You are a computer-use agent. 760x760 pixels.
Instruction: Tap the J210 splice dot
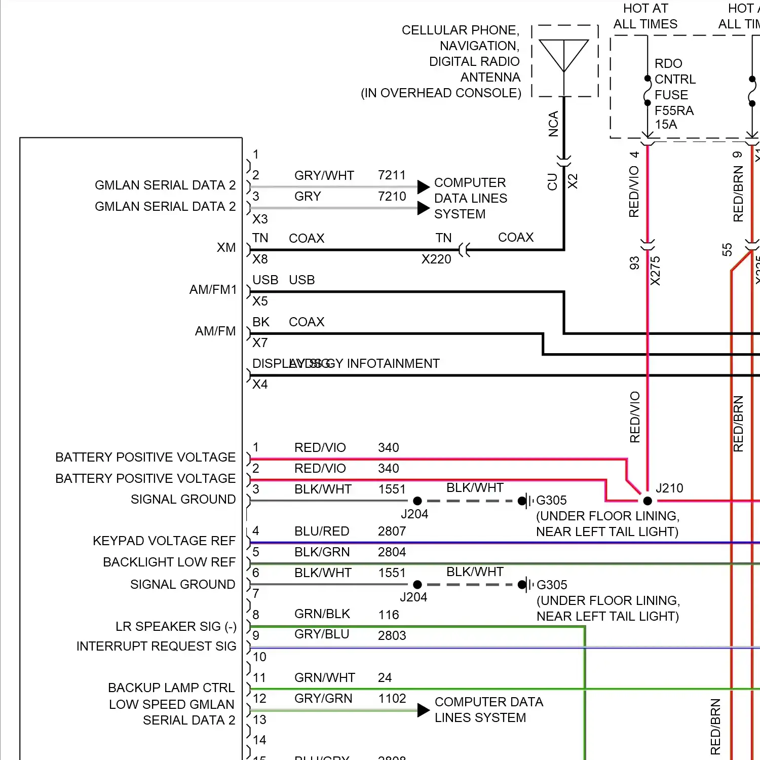click(x=648, y=501)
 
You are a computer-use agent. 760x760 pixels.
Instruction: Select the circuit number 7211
click(x=392, y=175)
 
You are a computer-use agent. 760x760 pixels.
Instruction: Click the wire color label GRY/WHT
click(x=324, y=176)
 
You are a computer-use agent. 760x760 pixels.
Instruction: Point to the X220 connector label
click(x=436, y=259)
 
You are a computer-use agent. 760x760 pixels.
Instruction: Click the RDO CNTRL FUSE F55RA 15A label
click(x=674, y=94)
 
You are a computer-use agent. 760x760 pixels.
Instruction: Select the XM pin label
click(x=226, y=248)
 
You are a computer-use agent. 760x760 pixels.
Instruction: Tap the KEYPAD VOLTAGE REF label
click(x=164, y=541)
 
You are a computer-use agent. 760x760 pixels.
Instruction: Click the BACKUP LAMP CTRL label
click(x=171, y=688)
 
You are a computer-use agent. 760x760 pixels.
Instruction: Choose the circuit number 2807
click(x=392, y=531)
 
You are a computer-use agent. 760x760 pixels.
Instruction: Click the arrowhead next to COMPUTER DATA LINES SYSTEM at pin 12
click(x=424, y=710)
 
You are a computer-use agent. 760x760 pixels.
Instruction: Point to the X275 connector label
click(x=655, y=271)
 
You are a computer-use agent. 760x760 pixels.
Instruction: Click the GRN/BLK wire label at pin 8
click(x=322, y=614)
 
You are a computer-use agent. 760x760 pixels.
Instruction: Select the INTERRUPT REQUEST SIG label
click(x=156, y=647)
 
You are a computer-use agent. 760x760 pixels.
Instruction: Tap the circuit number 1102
click(x=392, y=699)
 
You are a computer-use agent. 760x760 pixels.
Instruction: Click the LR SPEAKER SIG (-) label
click(x=176, y=627)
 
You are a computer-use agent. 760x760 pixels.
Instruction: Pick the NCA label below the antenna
click(x=553, y=124)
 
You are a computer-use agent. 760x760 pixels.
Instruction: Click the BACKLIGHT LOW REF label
click(x=169, y=562)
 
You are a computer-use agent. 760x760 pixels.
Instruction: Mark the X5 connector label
click(x=260, y=301)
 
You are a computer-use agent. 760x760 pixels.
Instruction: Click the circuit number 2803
click(x=392, y=636)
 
